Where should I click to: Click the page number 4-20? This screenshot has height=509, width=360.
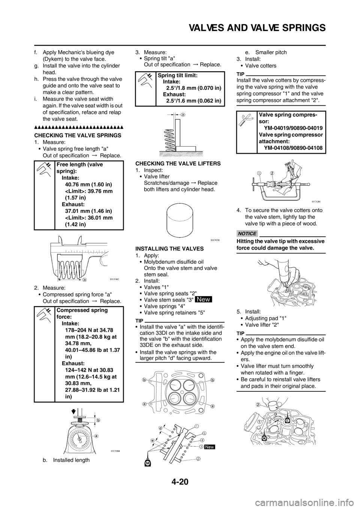[x=180, y=482]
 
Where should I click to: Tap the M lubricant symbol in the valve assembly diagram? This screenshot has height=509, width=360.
[x=148, y=463]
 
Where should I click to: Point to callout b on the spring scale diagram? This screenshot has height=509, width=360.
[x=99, y=420]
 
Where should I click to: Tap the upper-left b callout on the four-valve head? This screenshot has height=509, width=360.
[x=144, y=380]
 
